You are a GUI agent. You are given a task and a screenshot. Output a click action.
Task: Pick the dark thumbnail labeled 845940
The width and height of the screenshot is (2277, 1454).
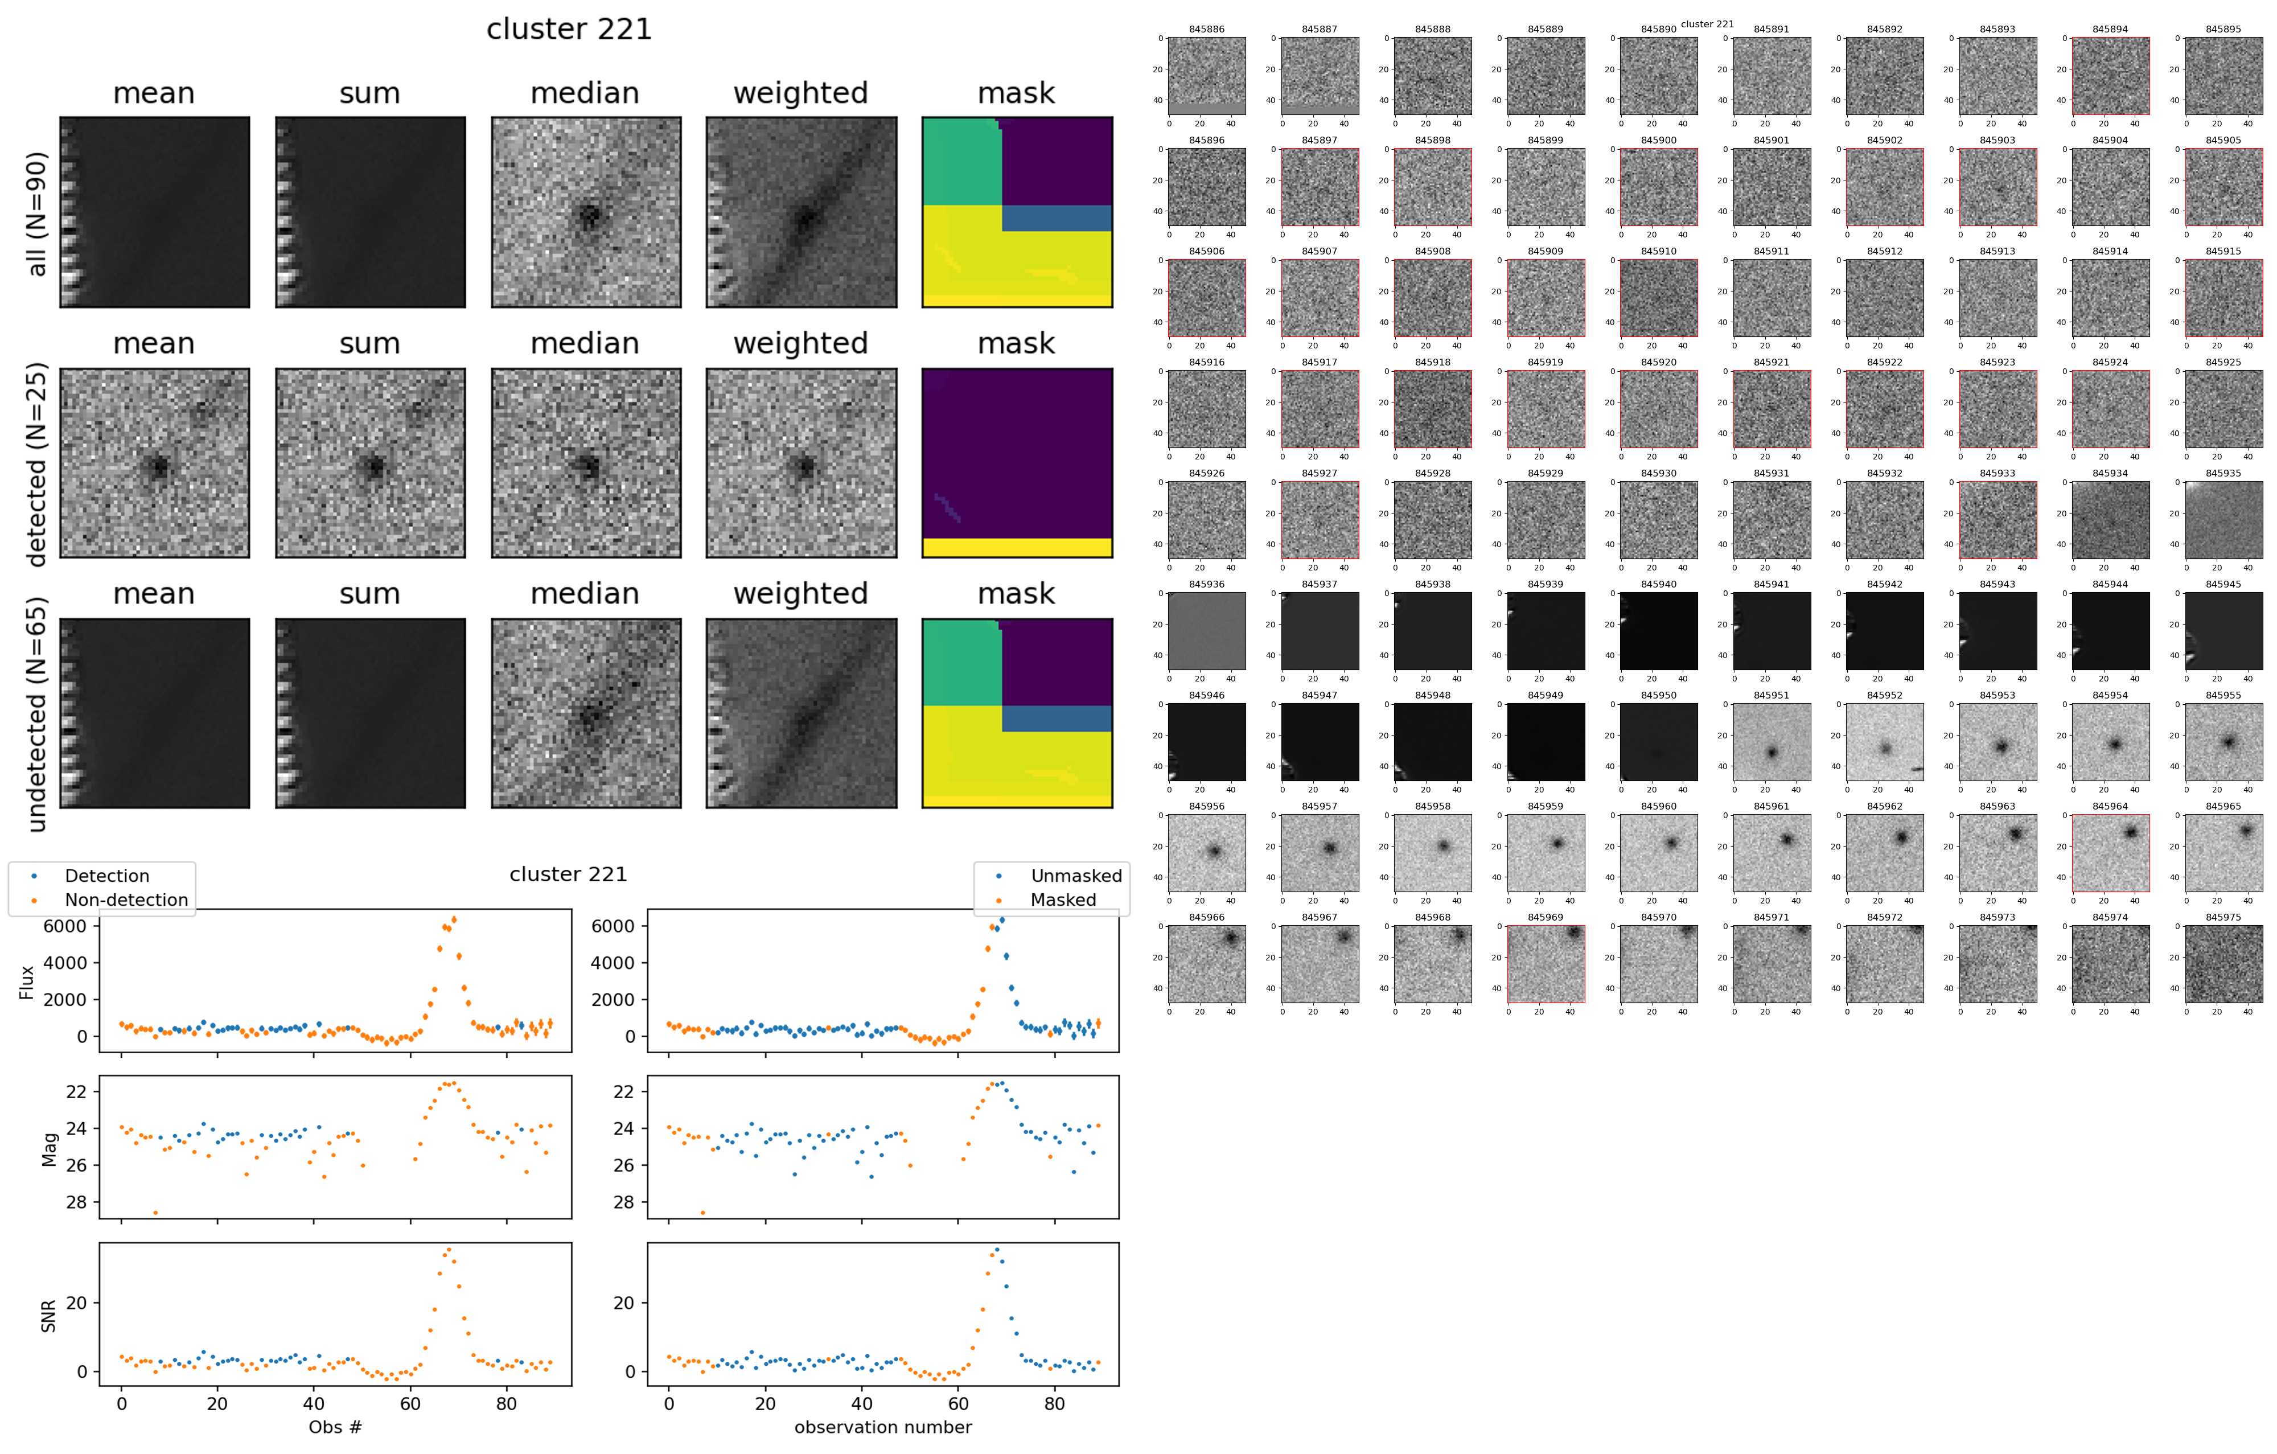(1659, 631)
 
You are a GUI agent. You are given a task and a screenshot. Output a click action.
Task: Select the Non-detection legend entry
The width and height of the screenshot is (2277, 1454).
(126, 900)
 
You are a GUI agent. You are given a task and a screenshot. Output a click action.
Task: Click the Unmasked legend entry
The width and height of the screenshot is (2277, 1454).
(1076, 876)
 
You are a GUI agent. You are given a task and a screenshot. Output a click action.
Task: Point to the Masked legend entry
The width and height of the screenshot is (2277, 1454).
(1063, 900)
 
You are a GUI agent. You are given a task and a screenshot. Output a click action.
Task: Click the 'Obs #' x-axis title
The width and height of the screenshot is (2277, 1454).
(335, 1427)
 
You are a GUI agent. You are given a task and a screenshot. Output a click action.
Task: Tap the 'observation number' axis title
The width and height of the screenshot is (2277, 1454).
(882, 1427)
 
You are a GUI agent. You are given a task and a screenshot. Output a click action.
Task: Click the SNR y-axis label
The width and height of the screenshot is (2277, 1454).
(49, 1316)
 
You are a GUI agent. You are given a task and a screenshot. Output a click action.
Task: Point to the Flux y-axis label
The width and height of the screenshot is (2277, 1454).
(27, 982)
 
